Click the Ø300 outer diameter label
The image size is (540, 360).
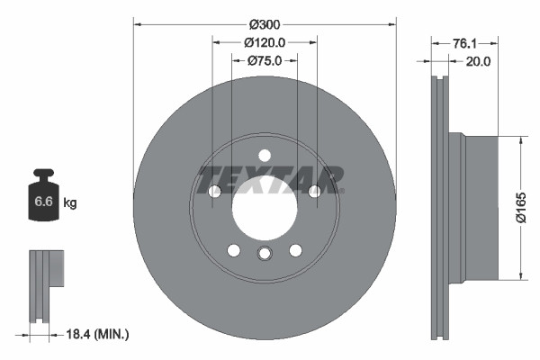pyautogui.click(x=265, y=22)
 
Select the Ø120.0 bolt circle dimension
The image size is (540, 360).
pyautogui.click(x=265, y=42)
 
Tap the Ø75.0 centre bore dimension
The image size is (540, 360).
pyautogui.click(x=265, y=61)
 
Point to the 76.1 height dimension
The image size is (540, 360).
pyautogui.click(x=465, y=42)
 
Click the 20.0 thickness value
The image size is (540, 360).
pyautogui.click(x=477, y=62)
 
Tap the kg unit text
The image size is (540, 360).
pyautogui.click(x=70, y=203)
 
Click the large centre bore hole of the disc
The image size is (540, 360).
pyautogui.click(x=264, y=210)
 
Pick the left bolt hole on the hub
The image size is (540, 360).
pyautogui.click(x=214, y=191)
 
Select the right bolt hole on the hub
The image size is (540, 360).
pyautogui.click(x=314, y=191)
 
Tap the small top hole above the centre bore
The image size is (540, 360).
pyautogui.click(x=264, y=155)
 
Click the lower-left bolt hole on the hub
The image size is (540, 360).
pyautogui.click(x=233, y=249)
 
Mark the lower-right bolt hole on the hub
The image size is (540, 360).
pyautogui.click(x=295, y=249)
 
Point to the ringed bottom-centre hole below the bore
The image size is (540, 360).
pyautogui.click(x=264, y=253)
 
